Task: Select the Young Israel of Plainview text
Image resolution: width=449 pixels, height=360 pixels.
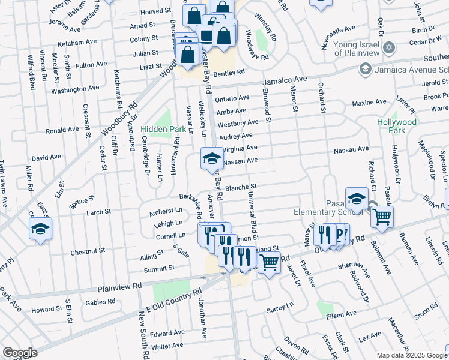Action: [346, 49]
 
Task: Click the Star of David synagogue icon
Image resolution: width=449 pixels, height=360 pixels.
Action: [389, 47]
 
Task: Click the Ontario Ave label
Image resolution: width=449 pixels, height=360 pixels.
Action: [232, 98]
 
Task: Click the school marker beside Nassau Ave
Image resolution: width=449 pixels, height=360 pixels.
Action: [211, 158]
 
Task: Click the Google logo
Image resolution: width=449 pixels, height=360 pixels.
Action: [20, 353]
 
